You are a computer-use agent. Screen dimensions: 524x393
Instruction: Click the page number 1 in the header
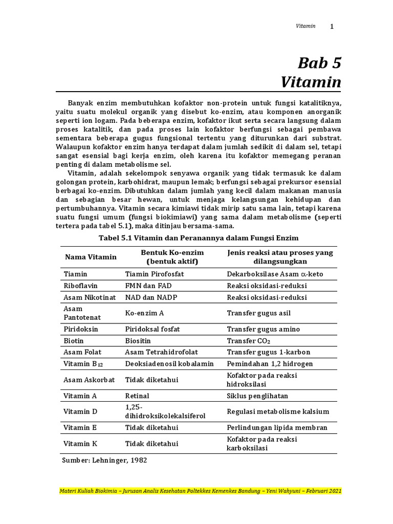[332, 27]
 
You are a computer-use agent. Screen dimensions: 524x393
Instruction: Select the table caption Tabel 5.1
[198, 238]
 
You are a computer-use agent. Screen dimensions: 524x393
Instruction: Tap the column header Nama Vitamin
[90, 257]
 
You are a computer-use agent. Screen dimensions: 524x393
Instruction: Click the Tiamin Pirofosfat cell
[155, 274]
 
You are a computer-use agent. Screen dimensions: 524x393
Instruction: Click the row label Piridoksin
[80, 329]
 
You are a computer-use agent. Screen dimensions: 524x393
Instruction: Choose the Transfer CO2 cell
[249, 341]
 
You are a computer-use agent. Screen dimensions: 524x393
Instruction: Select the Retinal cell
[137, 396]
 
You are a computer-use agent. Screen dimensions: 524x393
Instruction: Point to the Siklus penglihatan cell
[257, 396]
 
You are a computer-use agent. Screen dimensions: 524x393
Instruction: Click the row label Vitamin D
[80, 411]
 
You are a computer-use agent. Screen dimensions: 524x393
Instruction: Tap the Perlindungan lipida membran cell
[277, 427]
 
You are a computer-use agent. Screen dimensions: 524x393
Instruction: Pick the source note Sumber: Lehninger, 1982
[104, 460]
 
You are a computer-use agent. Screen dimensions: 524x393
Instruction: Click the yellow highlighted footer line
[200, 491]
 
